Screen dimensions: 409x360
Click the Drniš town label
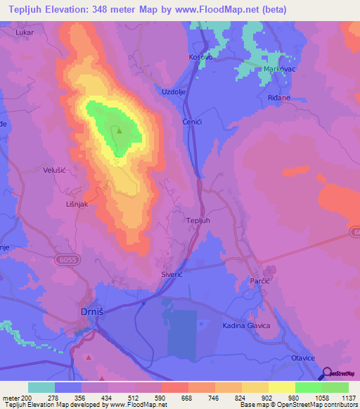point(90,312)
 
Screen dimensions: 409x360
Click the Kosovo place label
point(200,58)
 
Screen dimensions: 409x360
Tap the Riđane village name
point(279,98)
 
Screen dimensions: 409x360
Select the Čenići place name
point(193,120)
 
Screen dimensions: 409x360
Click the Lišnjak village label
point(57,202)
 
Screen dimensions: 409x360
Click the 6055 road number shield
point(63,259)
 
